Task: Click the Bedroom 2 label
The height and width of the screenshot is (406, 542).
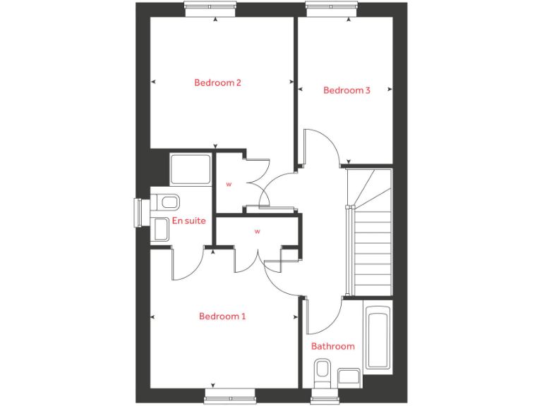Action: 218,82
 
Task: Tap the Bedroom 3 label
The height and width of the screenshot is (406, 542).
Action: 347,90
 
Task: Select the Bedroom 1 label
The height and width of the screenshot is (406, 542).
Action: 222,316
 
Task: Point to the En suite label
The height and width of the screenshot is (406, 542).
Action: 189,221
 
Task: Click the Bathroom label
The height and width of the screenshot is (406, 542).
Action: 333,346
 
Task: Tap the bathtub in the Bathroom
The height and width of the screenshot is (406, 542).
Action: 378,337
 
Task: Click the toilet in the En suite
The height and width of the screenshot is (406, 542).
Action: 167,203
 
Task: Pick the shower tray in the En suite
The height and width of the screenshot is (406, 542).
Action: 191,169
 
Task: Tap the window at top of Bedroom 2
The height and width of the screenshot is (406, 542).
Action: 210,7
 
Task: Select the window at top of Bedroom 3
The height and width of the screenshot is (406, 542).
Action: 332,7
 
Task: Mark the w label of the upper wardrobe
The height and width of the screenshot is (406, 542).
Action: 229,185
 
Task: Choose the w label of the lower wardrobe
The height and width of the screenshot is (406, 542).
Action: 257,231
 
